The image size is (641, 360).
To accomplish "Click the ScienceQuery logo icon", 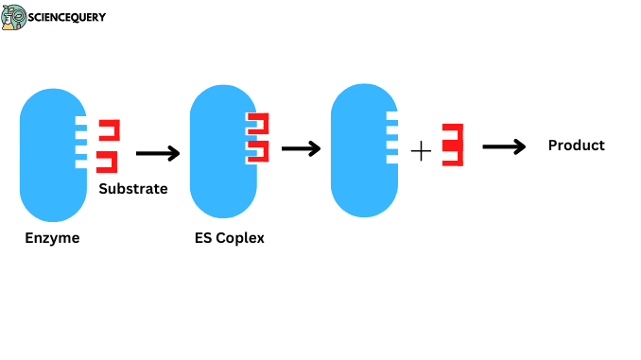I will point(14,17).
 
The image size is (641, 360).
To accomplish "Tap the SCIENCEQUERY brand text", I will point(67,17).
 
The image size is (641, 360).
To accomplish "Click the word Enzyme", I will point(52,238).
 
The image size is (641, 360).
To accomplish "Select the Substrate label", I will point(133,189).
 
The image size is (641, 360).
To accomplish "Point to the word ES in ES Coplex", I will point(202,238).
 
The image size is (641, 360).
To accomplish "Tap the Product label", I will point(576,146).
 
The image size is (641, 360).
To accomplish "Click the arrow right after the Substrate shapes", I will point(157,153).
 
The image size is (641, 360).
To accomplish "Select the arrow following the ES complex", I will point(302,148).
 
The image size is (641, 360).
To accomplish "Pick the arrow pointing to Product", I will point(504,146).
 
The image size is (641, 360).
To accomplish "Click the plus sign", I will point(421,150).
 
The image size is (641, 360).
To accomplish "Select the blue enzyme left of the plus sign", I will point(359,149).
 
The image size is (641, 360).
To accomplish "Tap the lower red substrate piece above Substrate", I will point(109,162).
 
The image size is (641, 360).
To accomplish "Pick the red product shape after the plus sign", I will point(453,145).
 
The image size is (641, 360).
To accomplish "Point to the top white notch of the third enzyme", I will point(391,116).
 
